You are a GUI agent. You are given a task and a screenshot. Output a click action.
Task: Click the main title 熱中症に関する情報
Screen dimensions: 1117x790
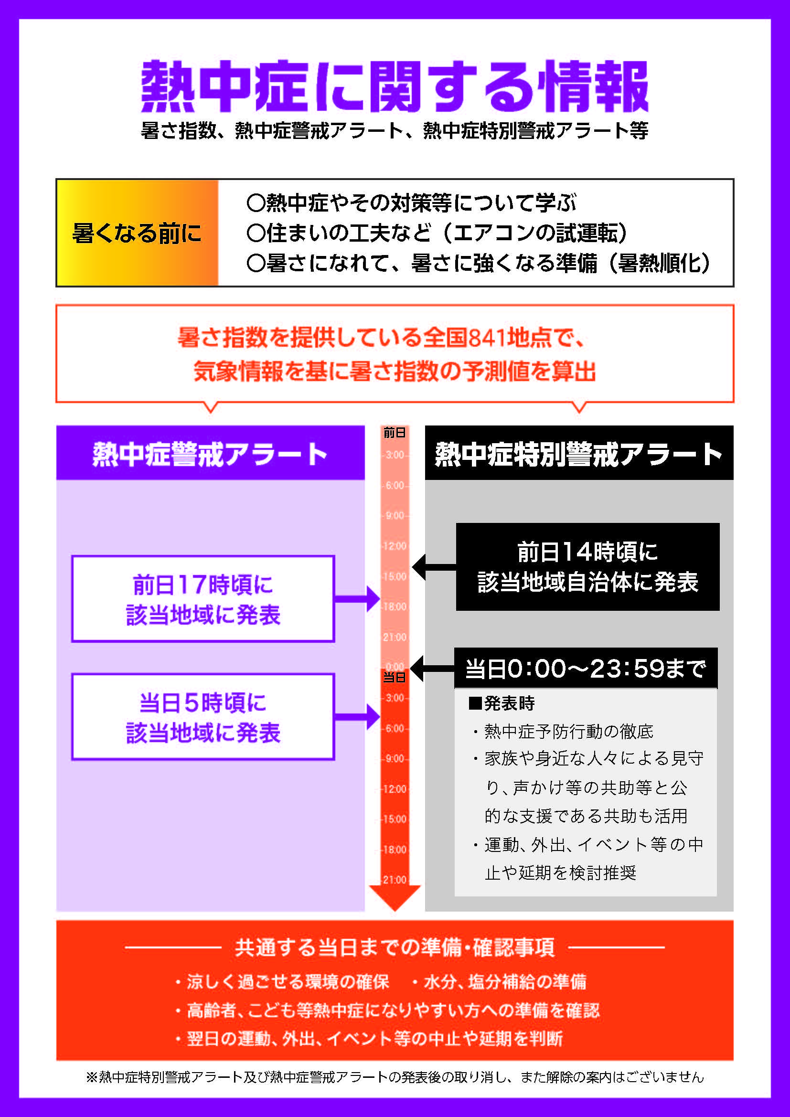pos(395,86)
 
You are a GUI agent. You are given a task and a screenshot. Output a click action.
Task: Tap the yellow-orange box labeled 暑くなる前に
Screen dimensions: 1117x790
pos(137,233)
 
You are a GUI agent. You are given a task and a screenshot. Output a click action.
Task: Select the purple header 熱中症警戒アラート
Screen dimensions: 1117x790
pos(210,453)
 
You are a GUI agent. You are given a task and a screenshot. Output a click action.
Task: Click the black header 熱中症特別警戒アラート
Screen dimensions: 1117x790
pos(579,453)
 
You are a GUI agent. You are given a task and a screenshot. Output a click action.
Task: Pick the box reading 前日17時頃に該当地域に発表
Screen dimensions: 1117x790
pos(203,599)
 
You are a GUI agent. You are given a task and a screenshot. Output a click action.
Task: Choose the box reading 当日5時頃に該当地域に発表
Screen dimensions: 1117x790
pos(203,717)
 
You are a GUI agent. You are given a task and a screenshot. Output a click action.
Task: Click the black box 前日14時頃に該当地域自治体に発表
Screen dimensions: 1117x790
pos(587,567)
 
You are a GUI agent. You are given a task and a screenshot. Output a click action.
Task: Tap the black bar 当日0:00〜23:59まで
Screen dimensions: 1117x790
pos(586,669)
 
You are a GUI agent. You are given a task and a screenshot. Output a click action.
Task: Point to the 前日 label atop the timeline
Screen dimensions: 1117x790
pos(394,433)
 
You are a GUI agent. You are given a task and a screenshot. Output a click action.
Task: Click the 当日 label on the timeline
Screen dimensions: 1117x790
pos(394,677)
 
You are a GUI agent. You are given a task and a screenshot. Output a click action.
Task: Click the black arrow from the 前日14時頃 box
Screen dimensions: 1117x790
pos(433,567)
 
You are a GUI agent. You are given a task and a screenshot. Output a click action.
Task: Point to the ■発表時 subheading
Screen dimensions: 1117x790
pos(502,703)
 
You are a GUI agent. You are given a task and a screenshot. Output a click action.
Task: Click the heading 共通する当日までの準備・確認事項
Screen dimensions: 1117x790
pos(395,947)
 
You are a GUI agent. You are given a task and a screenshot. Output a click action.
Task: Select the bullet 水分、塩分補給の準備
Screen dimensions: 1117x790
pos(504,982)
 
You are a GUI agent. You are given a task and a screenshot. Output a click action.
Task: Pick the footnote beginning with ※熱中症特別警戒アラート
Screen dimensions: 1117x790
pos(395,1077)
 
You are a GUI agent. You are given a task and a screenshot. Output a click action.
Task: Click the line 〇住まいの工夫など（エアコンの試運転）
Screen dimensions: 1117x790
pos(437,233)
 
